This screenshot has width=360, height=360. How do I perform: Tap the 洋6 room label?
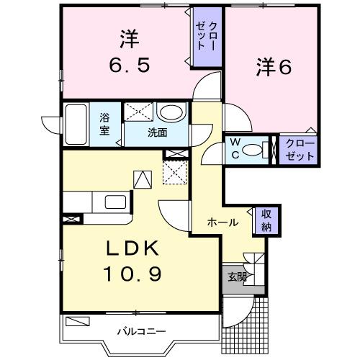click(274, 67)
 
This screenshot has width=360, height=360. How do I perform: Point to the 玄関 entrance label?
click(237, 276)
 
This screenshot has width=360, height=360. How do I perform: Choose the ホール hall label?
click(223, 223)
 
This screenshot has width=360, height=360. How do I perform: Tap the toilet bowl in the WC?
click(251, 150)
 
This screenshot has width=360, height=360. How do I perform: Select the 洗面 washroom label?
click(158, 132)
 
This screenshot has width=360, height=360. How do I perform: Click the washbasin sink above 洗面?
click(170, 112)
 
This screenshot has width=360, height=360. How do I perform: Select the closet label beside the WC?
click(296, 150)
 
